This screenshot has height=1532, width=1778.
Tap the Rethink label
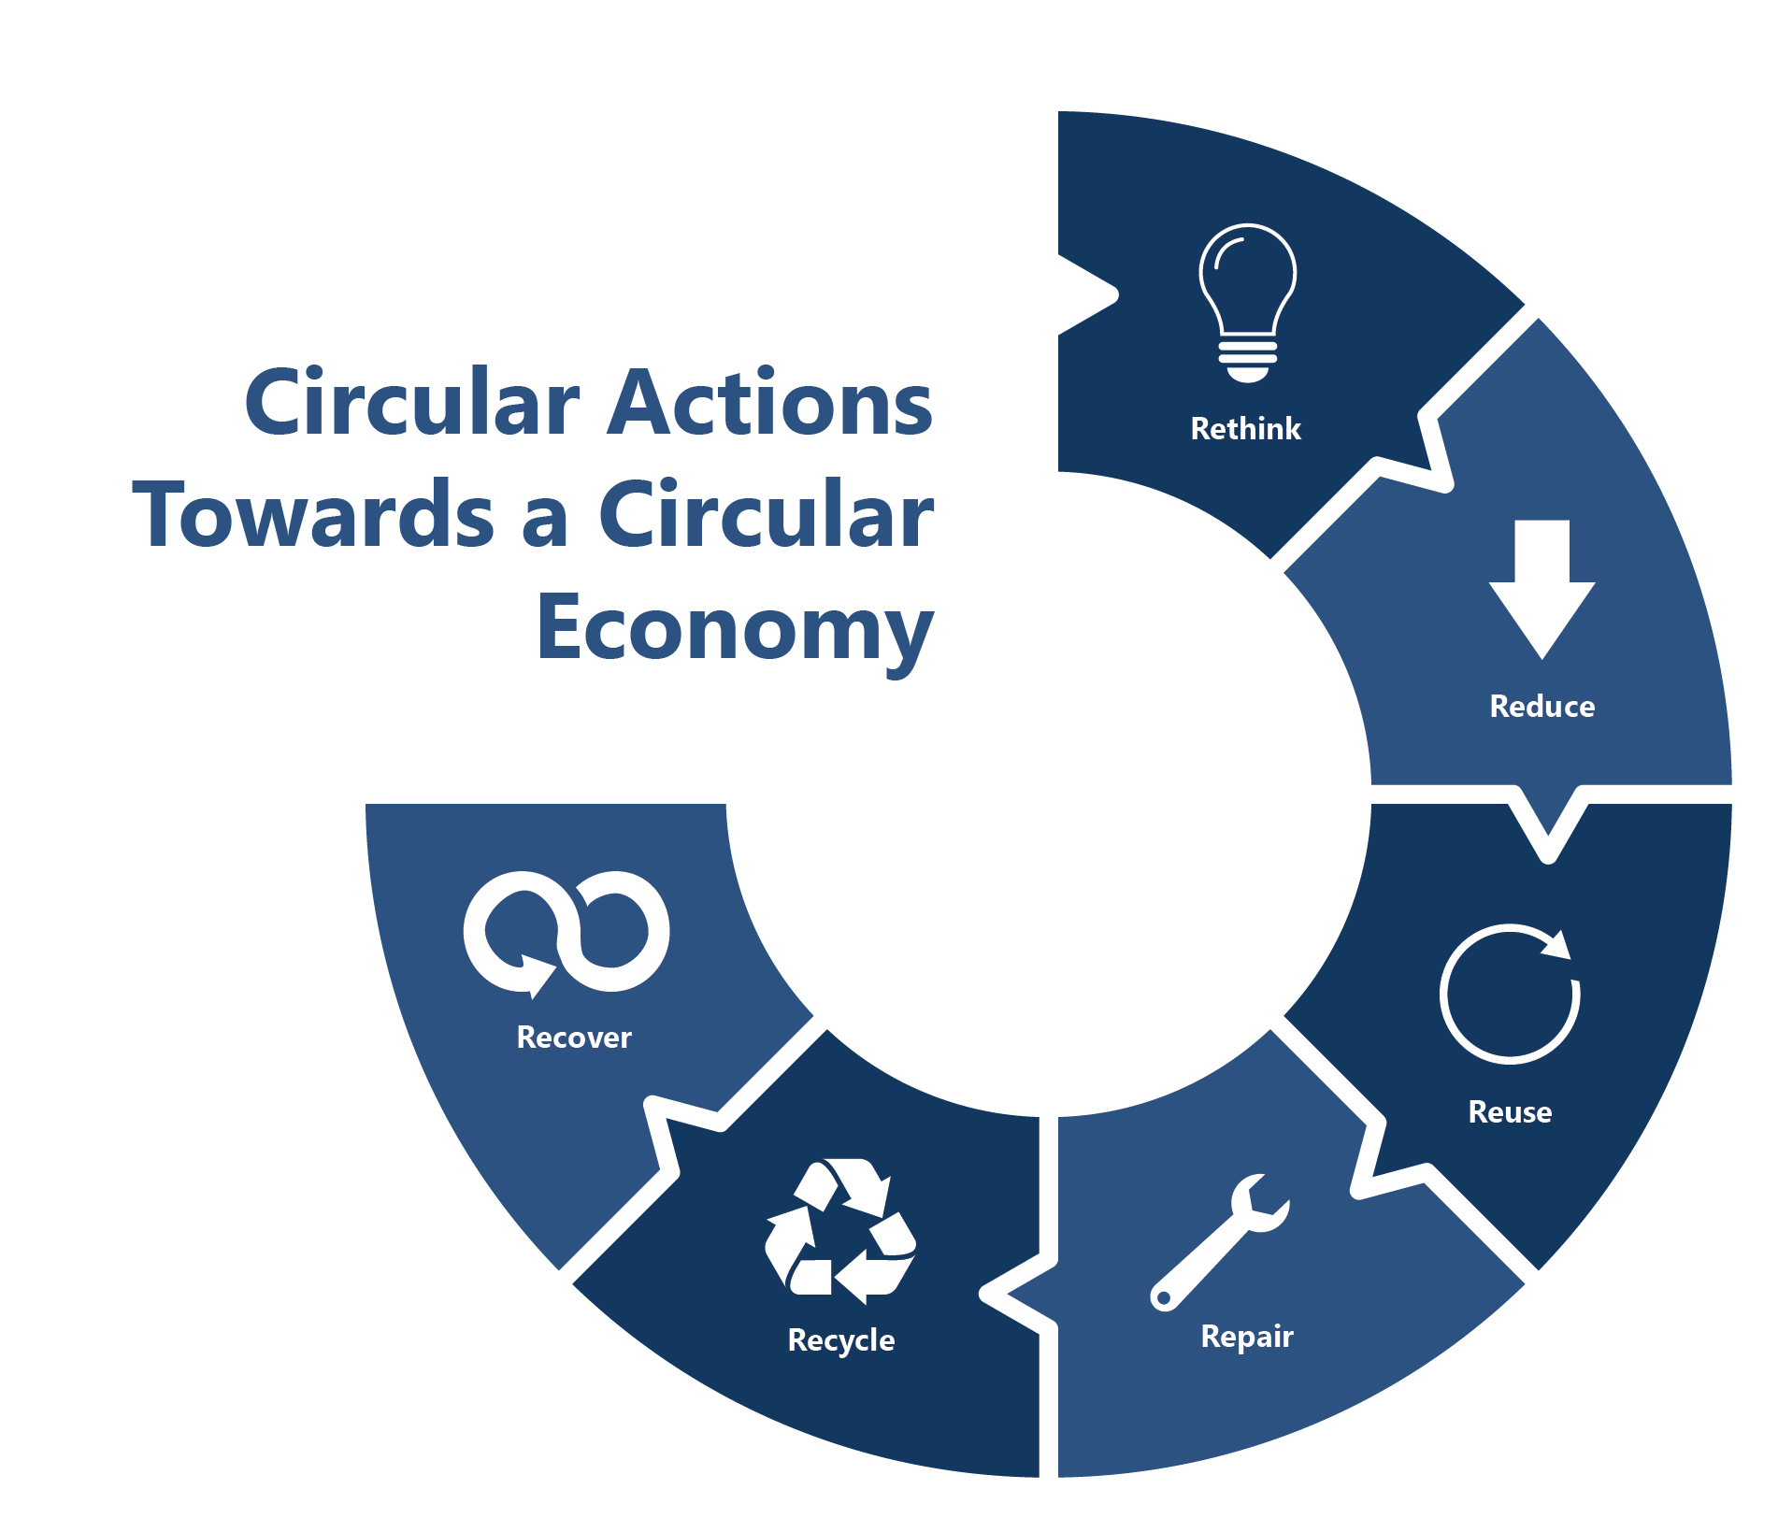pyautogui.click(x=1245, y=429)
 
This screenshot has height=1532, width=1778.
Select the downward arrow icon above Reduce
pyautogui.click(x=1541, y=589)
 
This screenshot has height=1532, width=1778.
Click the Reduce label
pyautogui.click(x=1541, y=707)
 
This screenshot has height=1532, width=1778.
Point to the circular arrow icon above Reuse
pyautogui.click(x=1509, y=995)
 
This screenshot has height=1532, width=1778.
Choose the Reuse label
pyautogui.click(x=1509, y=1112)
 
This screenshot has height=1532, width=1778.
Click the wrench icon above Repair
pyautogui.click(x=1219, y=1243)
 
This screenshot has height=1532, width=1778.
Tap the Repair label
pyautogui.click(x=1246, y=1337)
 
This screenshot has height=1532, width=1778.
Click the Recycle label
pyautogui.click(x=840, y=1340)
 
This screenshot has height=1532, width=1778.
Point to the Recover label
pyautogui.click(x=574, y=1038)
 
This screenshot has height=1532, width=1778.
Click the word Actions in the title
pyautogui.click(x=769, y=403)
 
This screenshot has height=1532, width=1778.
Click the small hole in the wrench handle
pyautogui.click(x=1164, y=1297)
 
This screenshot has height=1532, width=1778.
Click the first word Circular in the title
pyautogui.click(x=412, y=403)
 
